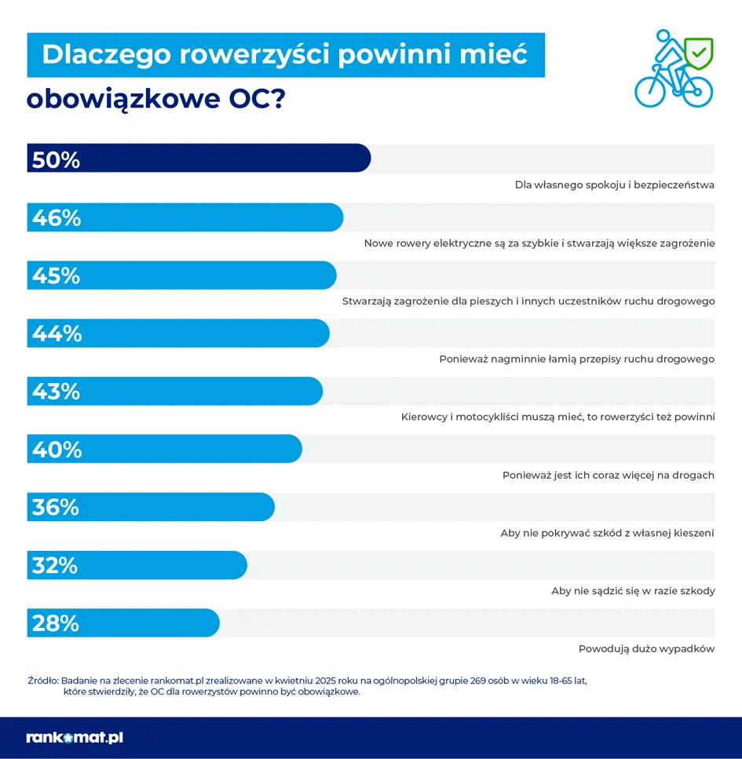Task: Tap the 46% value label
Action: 57,218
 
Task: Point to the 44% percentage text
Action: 57,334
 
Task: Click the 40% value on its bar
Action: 57,450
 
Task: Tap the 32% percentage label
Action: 55,565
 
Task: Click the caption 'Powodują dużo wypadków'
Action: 646,649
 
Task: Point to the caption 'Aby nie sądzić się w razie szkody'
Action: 633,591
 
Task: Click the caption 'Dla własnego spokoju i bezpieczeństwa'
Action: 614,185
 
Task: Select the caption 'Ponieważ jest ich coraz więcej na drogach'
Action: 608,475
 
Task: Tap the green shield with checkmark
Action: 698,53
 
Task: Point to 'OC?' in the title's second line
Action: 257,100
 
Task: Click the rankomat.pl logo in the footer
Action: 75,738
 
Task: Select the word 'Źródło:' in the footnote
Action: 42,681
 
